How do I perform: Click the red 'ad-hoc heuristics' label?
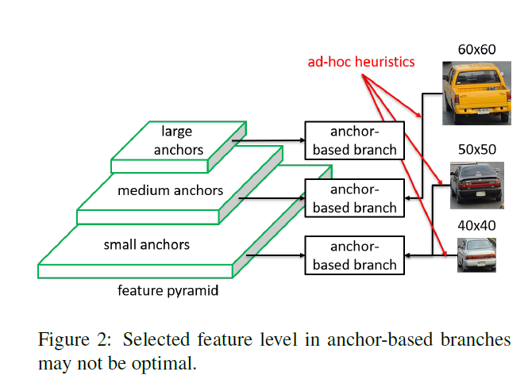point(361,62)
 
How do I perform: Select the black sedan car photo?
point(476,186)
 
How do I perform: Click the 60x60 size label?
point(476,50)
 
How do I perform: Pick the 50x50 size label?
point(476,149)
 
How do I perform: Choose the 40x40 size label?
point(476,225)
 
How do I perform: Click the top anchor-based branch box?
point(354,140)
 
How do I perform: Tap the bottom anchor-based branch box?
point(354,255)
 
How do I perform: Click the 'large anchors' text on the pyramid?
point(176,140)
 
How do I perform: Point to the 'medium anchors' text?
point(170,191)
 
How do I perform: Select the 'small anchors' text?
point(147,244)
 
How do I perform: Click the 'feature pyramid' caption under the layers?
point(168,291)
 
